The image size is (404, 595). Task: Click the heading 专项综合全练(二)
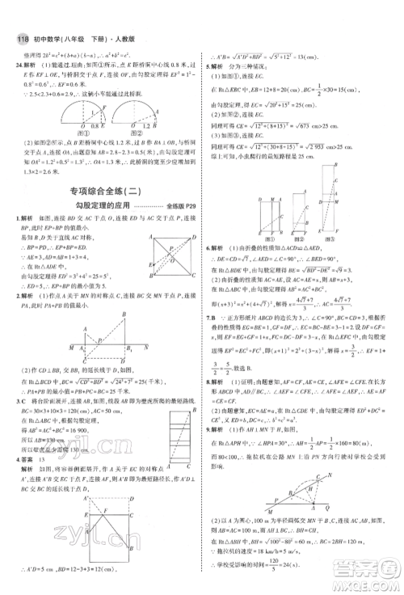(103, 192)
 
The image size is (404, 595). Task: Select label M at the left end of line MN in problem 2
(70, 346)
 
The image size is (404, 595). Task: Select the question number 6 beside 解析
(208, 248)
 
